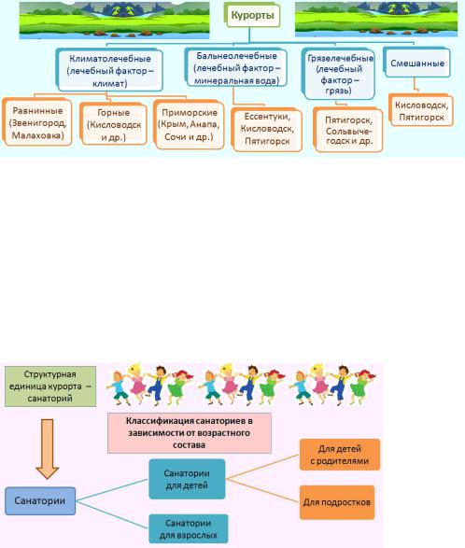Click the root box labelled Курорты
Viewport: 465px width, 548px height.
coord(253,15)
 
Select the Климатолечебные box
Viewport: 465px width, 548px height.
coord(110,70)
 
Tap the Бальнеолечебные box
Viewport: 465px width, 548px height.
coord(236,68)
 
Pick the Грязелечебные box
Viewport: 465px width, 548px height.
coord(339,75)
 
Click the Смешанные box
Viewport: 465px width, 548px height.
coord(417,63)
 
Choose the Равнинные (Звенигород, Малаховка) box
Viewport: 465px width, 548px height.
coord(37,122)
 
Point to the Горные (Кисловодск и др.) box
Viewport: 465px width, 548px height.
coord(114,124)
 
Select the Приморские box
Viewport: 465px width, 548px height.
coord(190,125)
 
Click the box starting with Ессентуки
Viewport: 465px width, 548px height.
coord(267,130)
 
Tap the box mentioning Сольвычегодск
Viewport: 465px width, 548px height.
coord(348,131)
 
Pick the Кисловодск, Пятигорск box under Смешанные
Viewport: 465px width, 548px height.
coord(421,111)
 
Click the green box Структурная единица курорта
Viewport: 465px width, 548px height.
coord(50,386)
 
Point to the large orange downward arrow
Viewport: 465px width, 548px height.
coord(48,448)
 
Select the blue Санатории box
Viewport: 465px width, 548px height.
coord(40,500)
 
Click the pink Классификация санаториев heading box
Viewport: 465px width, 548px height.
coord(190,432)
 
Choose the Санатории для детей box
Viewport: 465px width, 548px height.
coord(187,479)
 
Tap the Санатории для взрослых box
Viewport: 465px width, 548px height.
coord(188,528)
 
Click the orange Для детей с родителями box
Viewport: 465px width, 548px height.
coord(340,455)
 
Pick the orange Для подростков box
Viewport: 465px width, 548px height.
coord(337,502)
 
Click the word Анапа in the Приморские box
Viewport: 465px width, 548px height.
coord(204,124)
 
